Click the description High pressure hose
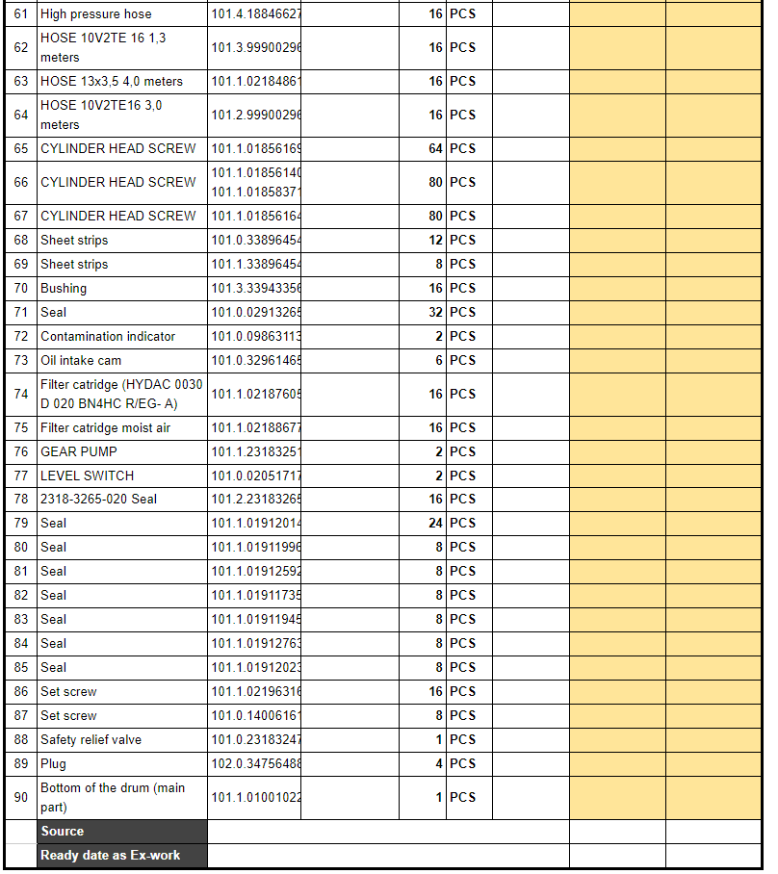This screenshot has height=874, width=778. tap(96, 14)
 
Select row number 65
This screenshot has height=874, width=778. tap(21, 149)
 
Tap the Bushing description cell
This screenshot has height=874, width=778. tap(64, 289)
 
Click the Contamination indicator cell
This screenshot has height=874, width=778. tap(108, 337)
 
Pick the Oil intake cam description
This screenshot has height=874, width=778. tap(81, 361)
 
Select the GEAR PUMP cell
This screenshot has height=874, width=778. tap(79, 451)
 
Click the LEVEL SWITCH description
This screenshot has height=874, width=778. tap(87, 476)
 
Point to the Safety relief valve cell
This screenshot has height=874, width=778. tap(91, 740)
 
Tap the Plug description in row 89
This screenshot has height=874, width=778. tap(54, 764)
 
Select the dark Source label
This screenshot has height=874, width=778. tap(63, 832)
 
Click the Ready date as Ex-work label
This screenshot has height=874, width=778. tap(110, 856)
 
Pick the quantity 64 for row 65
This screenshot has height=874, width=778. tap(435, 149)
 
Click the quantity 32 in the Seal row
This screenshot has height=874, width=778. tap(435, 313)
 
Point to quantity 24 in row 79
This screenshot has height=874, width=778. tap(435, 524)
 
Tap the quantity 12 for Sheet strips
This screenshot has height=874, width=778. tap(435, 241)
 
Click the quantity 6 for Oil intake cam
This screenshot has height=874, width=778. tap(438, 361)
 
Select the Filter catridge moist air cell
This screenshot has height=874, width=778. tap(105, 428)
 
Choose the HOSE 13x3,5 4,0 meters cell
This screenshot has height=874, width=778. tap(112, 82)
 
